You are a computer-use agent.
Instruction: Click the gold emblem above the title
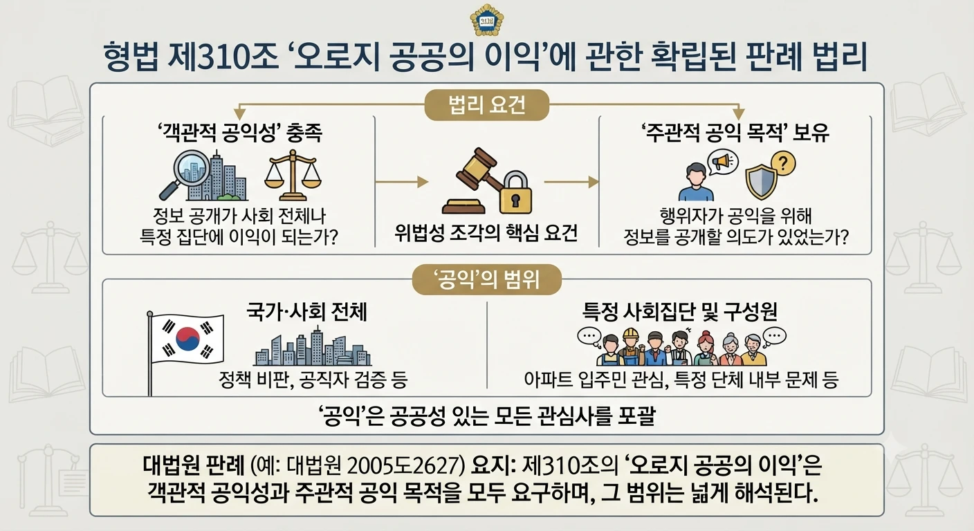(x=487, y=20)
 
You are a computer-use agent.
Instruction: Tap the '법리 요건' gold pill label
(x=487, y=105)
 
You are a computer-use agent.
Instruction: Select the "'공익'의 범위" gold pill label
(x=487, y=279)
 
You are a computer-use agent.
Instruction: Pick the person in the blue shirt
(x=696, y=183)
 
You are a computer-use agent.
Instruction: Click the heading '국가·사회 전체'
(x=307, y=312)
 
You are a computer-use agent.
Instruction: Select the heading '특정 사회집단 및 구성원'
(x=679, y=312)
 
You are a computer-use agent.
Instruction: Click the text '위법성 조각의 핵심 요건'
(x=486, y=233)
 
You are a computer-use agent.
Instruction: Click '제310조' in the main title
(x=223, y=57)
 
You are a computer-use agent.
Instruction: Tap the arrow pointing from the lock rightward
(x=571, y=182)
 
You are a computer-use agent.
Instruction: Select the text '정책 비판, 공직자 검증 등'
(x=313, y=380)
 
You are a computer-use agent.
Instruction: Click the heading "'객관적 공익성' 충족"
(x=239, y=132)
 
